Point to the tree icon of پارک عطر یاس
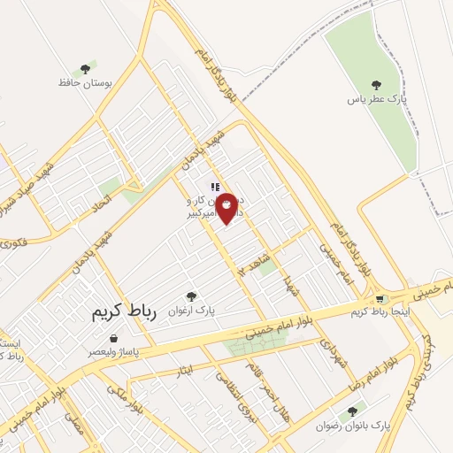click(x=377, y=85)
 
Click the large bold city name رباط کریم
click(x=124, y=314)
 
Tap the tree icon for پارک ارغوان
click(x=190, y=296)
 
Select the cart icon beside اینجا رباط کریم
click(x=381, y=299)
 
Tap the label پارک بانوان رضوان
click(x=352, y=426)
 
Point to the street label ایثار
click(x=184, y=367)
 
